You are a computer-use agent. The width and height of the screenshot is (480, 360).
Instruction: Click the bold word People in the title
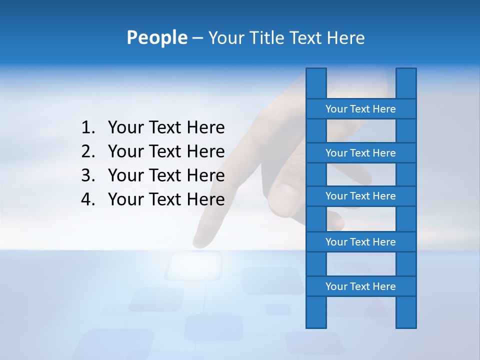pos(156,38)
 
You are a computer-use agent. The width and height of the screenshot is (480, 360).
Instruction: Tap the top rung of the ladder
pos(360,109)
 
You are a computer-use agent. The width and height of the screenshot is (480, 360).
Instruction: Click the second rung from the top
pos(360,153)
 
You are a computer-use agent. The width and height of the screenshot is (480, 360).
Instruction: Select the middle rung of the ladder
pos(360,196)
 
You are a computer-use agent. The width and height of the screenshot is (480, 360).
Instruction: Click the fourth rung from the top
pos(360,242)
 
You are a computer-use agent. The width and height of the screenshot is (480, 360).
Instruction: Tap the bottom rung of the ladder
pos(360,286)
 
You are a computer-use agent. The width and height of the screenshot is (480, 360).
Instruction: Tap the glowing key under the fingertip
pos(194,265)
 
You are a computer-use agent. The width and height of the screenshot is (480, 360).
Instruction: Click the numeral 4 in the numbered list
pos(87,199)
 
